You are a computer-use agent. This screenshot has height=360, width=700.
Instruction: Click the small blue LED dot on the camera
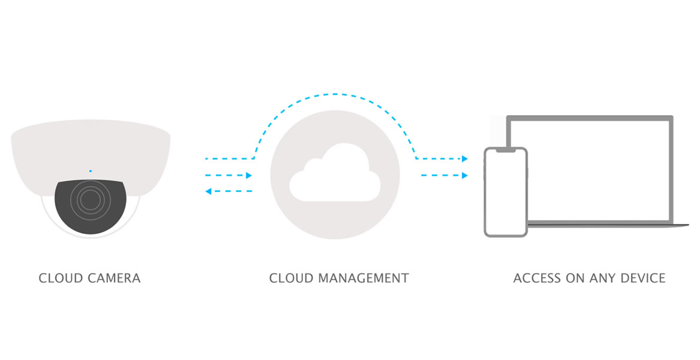tap(91, 171)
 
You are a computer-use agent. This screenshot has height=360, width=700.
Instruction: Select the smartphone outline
tap(506, 192)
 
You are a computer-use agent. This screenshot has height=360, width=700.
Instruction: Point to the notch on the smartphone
tap(506, 151)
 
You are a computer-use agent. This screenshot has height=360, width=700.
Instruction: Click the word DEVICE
tap(643, 278)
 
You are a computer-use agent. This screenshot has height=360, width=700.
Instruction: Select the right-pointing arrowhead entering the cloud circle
tap(248, 176)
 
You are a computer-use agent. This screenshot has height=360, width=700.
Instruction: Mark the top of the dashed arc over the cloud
tap(335, 94)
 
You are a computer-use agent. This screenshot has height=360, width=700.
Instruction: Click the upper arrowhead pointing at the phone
tap(464, 159)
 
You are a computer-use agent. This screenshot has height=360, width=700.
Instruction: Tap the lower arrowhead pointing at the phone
tap(464, 176)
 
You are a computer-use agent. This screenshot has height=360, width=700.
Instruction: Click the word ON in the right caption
tap(575, 278)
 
